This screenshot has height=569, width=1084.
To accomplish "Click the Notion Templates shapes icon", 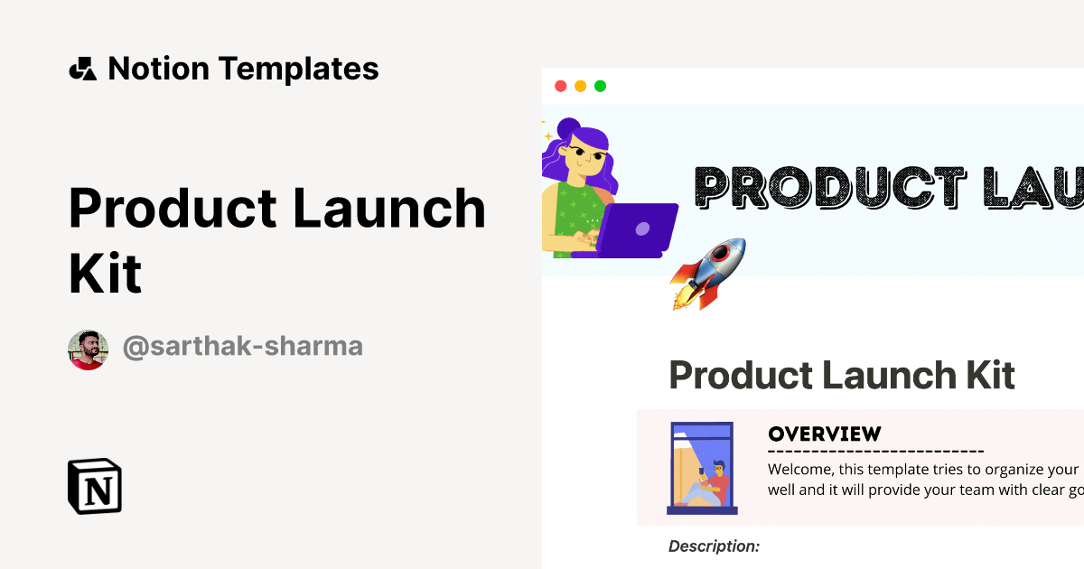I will [x=82, y=69].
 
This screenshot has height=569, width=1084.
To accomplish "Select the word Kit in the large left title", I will [x=105, y=274].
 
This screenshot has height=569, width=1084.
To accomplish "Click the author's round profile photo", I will [x=88, y=350].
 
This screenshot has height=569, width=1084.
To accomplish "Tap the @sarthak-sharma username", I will [x=242, y=346].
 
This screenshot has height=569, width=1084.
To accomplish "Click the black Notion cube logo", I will [x=95, y=487].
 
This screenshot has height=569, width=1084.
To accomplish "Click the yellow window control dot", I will [x=580, y=86].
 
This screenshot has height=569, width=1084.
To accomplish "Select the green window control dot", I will [x=601, y=86].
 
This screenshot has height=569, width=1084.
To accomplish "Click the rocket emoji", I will [x=707, y=273].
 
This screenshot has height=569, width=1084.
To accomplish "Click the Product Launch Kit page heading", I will [x=842, y=375].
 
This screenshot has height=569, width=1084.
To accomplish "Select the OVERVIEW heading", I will [x=824, y=434].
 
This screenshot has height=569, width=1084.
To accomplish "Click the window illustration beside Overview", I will [x=702, y=468].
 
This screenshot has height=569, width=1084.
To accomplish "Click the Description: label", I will [x=714, y=546].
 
